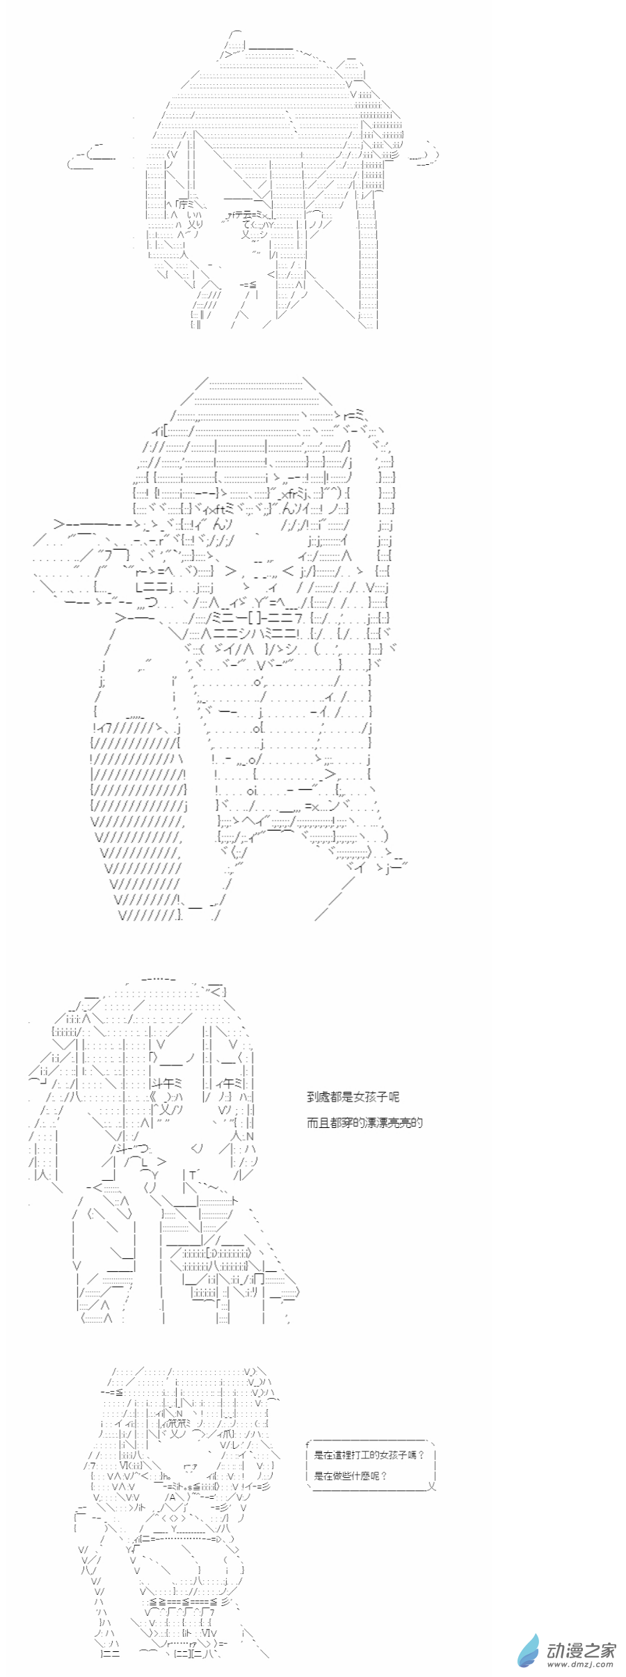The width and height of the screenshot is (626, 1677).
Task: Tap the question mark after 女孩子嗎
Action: (x=422, y=1454)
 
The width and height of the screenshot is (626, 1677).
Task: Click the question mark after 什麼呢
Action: (x=385, y=1476)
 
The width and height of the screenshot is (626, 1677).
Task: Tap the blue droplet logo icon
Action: (x=529, y=1651)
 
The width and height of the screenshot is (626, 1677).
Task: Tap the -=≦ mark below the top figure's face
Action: (x=248, y=285)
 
